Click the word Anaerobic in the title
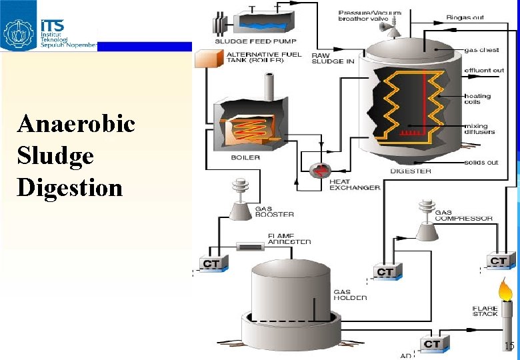coord(76,124)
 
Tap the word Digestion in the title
coord(70,187)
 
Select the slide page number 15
coord(509,346)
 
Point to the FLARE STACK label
coord(485,311)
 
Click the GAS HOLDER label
coord(350,295)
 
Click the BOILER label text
coord(245,158)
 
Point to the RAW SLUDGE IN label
coord(333,59)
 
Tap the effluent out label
coord(484,70)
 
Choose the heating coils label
coord(477,99)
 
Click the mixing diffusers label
coord(480,129)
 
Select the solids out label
coord(481,163)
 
